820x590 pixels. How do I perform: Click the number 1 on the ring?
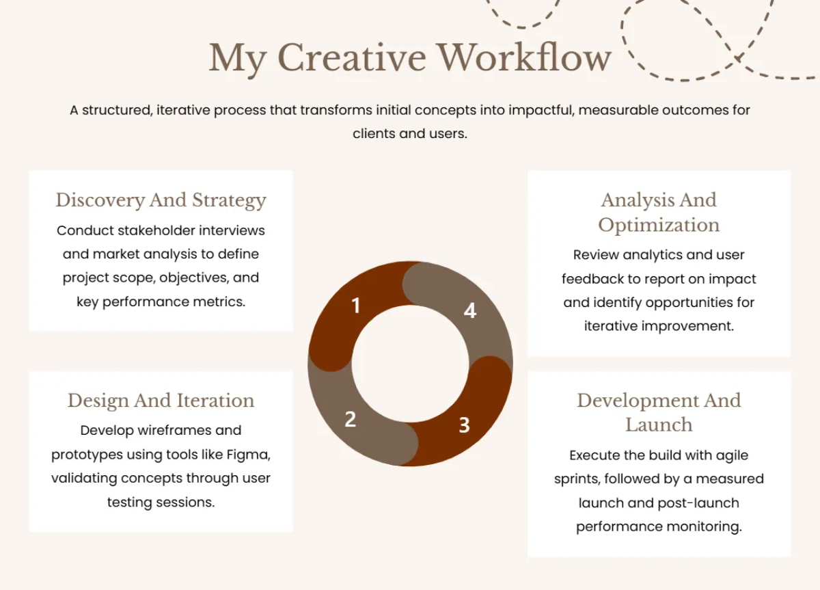(x=355, y=306)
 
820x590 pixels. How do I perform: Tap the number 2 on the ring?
(x=350, y=419)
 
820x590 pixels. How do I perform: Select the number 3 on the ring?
(x=464, y=425)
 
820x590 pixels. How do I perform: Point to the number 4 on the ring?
(x=469, y=310)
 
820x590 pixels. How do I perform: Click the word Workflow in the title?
(x=524, y=57)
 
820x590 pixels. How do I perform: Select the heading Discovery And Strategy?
(x=161, y=200)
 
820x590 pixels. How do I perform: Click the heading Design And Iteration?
(x=161, y=401)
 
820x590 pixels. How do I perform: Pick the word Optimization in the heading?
(x=659, y=225)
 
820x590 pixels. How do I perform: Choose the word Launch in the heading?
(x=659, y=425)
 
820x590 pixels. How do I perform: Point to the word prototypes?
(x=87, y=455)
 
